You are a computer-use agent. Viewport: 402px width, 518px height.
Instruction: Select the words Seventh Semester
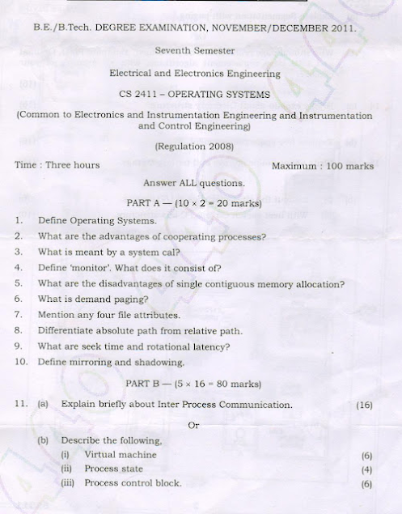[x=195, y=50]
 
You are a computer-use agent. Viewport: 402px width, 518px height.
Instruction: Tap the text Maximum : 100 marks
[x=323, y=166]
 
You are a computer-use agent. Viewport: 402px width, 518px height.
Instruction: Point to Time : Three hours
[x=57, y=165]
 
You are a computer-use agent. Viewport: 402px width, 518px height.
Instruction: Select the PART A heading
[x=194, y=203]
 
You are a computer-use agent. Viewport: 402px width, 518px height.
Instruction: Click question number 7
[x=18, y=315]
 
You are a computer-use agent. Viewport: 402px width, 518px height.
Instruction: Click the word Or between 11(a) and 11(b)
[x=193, y=426]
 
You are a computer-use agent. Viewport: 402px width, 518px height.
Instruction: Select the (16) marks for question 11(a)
[x=364, y=405]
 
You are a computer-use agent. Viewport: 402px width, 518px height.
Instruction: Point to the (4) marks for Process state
[x=366, y=469]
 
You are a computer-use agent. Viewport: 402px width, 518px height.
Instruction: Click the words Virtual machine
[x=121, y=455]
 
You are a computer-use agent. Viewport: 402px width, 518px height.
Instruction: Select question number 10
[x=21, y=362]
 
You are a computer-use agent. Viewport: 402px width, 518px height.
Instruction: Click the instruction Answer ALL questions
[x=193, y=183]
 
